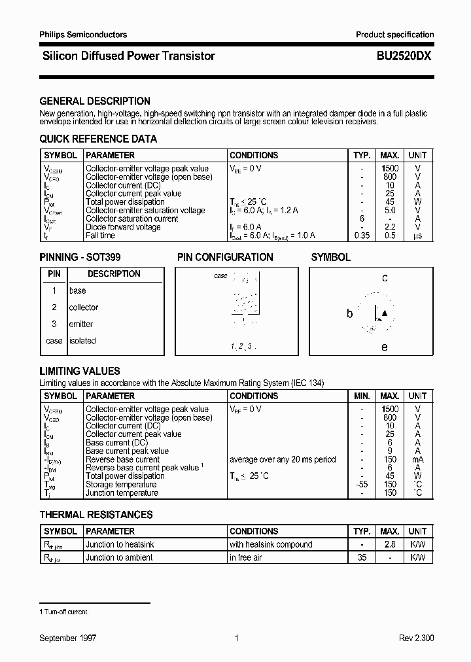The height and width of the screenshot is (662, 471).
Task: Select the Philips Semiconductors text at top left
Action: click(x=83, y=35)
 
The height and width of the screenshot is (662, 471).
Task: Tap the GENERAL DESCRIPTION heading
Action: click(x=95, y=101)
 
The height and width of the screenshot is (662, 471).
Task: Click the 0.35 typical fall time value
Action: click(x=360, y=235)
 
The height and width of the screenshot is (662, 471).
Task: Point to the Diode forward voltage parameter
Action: click(x=123, y=227)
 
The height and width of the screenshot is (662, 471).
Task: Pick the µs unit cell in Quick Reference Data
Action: click(x=417, y=235)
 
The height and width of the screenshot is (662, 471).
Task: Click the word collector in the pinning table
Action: click(x=84, y=307)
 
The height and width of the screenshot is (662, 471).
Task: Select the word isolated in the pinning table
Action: click(x=82, y=341)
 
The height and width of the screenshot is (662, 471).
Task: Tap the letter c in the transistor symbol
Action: click(x=385, y=278)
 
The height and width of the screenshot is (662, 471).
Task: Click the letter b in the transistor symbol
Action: click(x=349, y=314)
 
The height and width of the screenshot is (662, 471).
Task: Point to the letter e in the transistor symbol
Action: click(x=385, y=347)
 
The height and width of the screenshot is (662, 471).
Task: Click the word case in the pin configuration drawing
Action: click(x=221, y=276)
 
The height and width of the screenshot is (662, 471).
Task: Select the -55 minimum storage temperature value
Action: click(x=360, y=485)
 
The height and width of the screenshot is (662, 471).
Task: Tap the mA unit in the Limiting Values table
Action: click(x=417, y=459)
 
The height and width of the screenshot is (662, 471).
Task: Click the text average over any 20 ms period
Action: click(x=283, y=459)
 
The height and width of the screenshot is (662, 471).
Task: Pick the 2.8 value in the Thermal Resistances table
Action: click(x=390, y=544)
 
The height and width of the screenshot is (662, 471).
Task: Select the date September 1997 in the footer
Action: click(x=68, y=638)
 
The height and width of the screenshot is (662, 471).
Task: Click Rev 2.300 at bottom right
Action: click(x=416, y=638)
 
